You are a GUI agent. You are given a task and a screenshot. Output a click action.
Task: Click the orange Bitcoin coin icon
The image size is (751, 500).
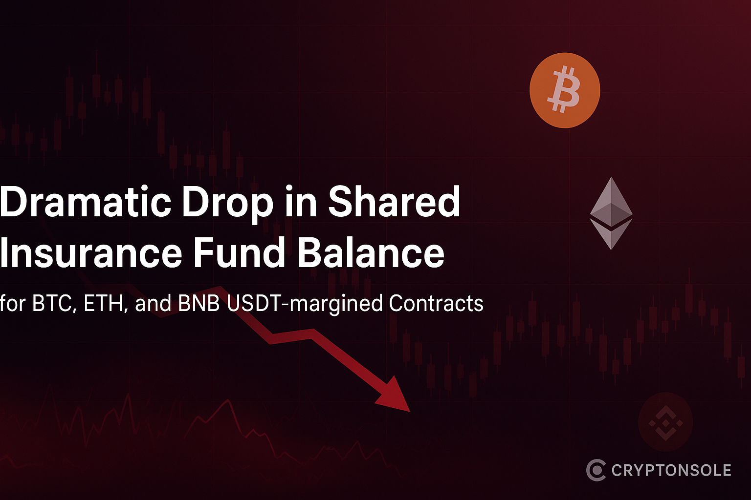tap(565, 90)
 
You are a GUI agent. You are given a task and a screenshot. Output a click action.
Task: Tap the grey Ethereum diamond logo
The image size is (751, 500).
tap(611, 213)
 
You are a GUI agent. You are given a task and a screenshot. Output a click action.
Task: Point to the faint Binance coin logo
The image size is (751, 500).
tap(665, 422)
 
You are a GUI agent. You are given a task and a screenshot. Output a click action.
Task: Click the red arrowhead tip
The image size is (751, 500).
tap(410, 411)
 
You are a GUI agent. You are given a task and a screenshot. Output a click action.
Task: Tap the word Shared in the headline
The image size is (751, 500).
tap(394, 201)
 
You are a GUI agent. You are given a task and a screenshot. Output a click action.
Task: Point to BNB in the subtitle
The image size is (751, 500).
tap(199, 303)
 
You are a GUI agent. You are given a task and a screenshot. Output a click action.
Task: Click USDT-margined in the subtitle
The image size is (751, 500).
tap(305, 304)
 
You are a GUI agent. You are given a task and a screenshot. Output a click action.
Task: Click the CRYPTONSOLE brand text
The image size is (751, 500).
tap(671, 470)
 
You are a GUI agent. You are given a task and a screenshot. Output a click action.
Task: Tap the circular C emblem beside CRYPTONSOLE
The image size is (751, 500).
tap(596, 470)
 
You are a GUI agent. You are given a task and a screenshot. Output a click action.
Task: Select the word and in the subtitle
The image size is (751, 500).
tap(153, 303)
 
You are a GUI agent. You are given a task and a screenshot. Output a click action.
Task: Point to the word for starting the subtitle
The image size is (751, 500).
tap(13, 303)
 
